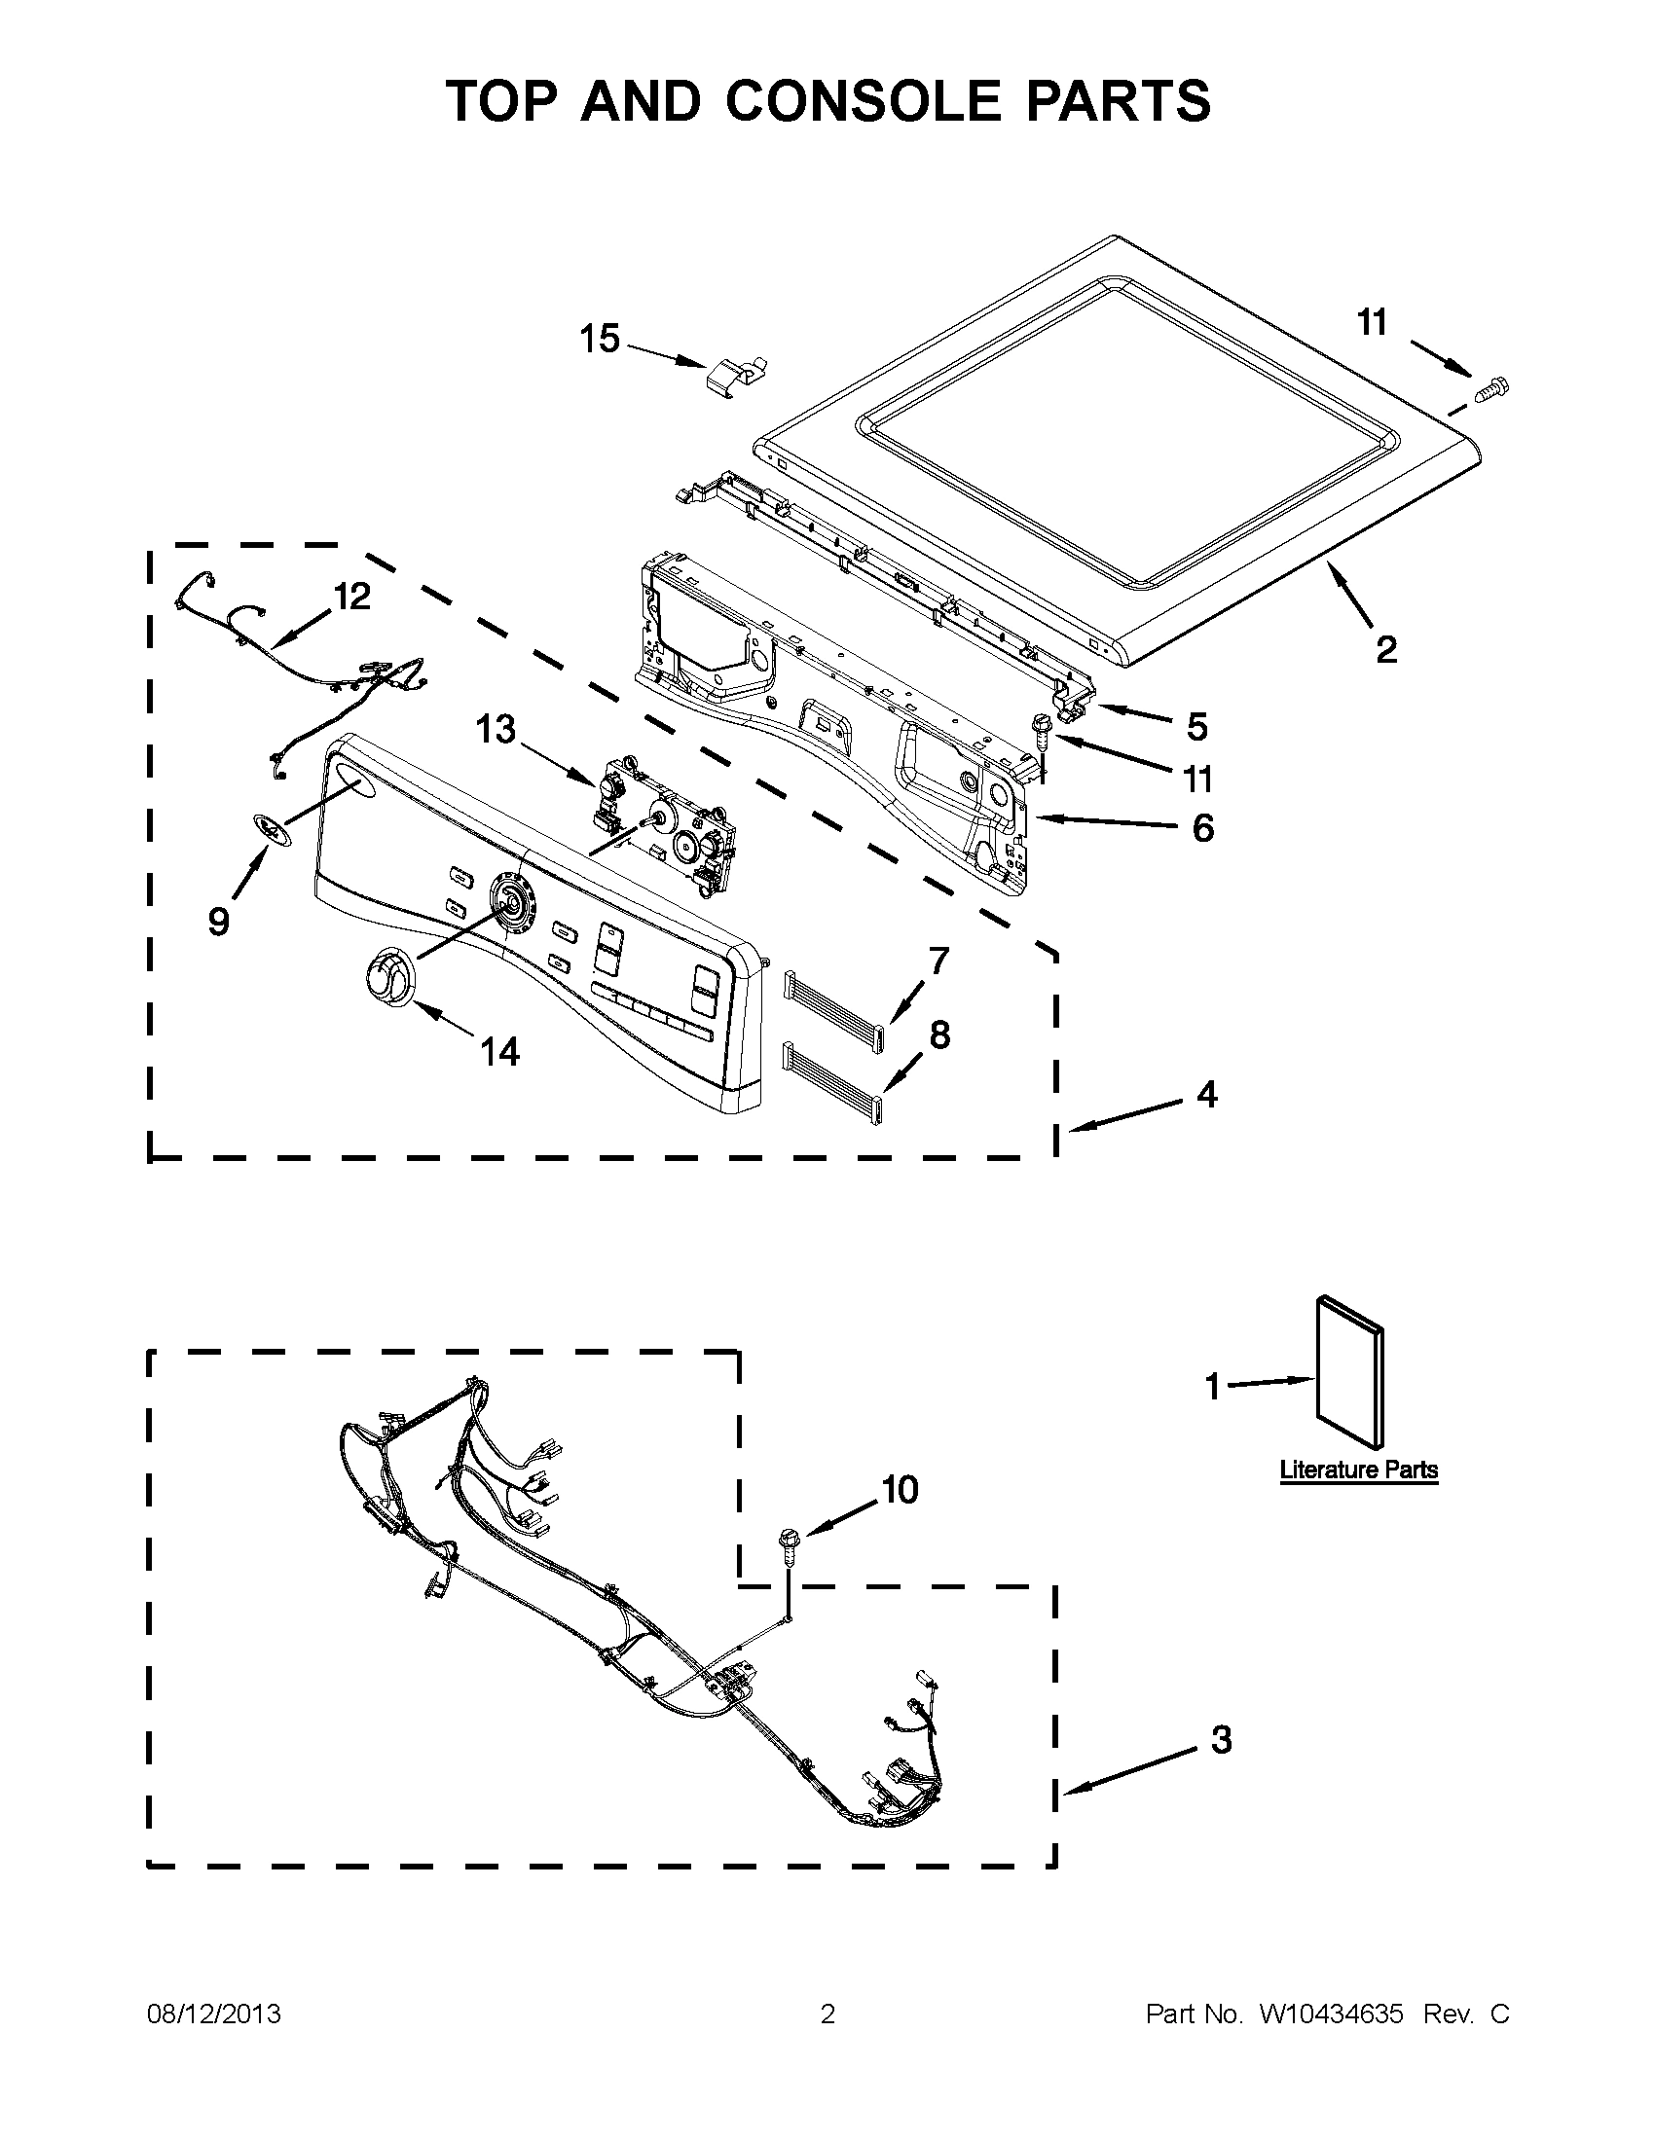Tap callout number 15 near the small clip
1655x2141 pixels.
tap(599, 340)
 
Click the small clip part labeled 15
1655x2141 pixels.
tap(737, 377)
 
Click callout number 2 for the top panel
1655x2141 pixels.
tap(1385, 649)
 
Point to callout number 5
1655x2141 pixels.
tap(1196, 726)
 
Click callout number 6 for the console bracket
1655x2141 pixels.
tap(1202, 827)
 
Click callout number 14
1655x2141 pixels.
tap(499, 1052)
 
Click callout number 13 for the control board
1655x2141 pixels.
tap(496, 729)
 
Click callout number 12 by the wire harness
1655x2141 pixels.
tap(352, 596)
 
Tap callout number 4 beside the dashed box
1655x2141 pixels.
tap(1206, 1094)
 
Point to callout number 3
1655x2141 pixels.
tap(1221, 1740)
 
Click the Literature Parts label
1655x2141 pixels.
tap(1358, 1497)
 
